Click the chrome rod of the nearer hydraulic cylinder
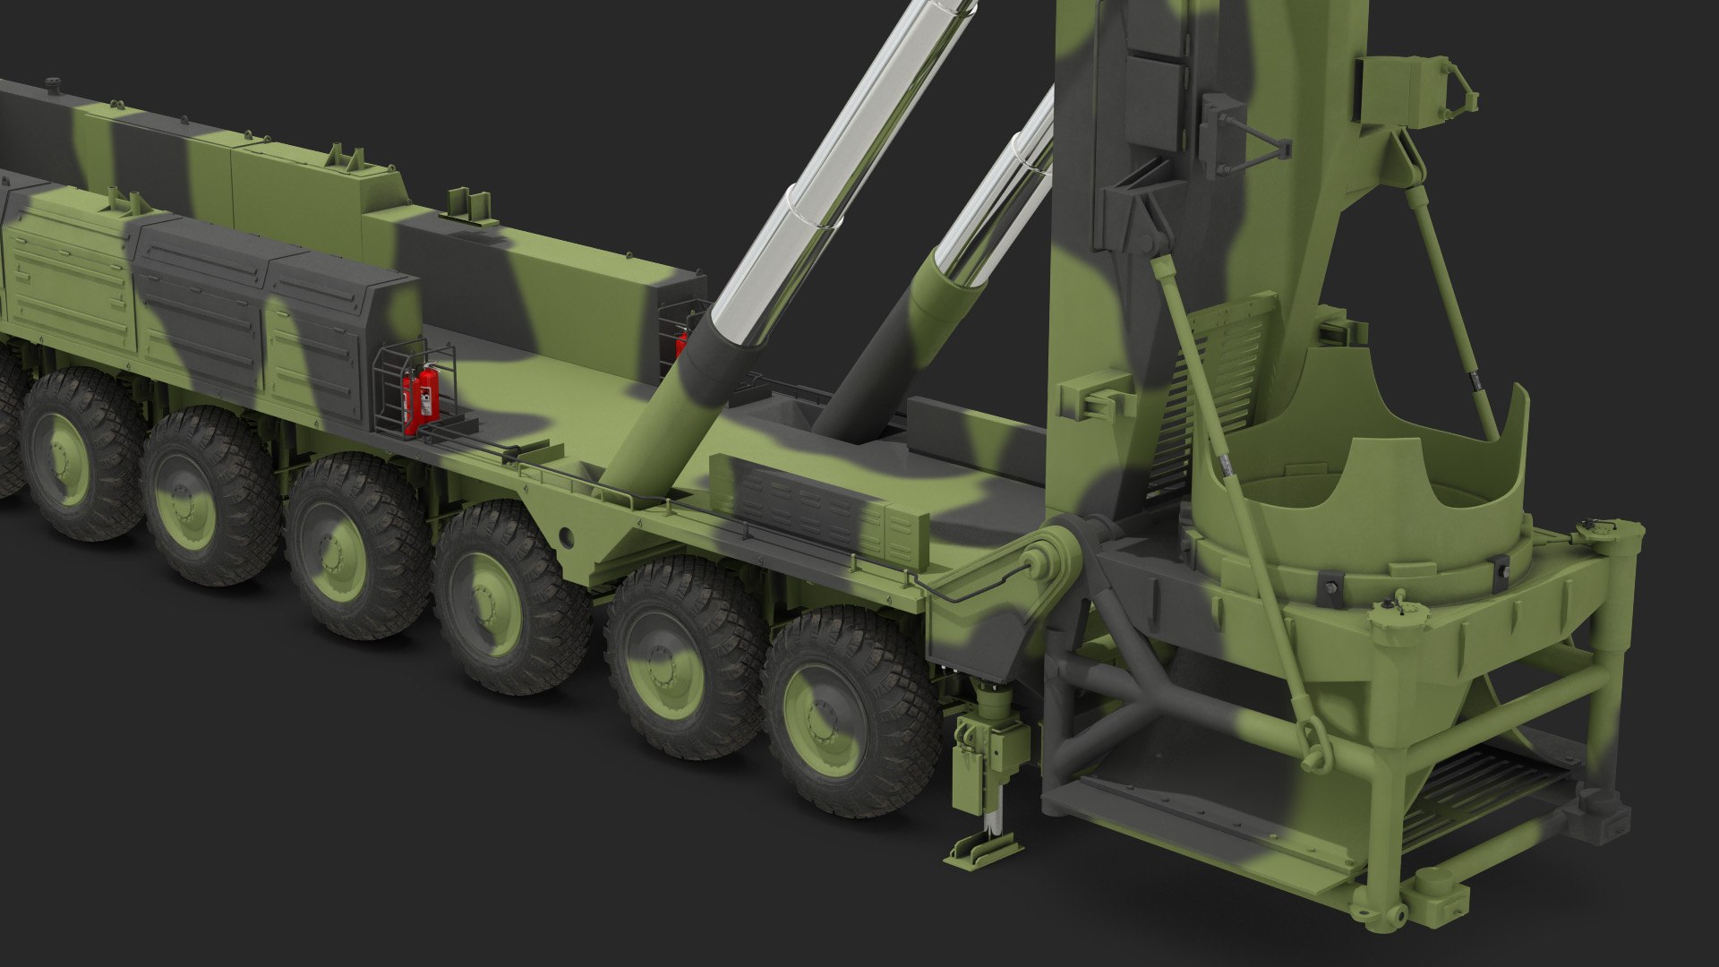[851, 161]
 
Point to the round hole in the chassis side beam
[565, 536]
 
